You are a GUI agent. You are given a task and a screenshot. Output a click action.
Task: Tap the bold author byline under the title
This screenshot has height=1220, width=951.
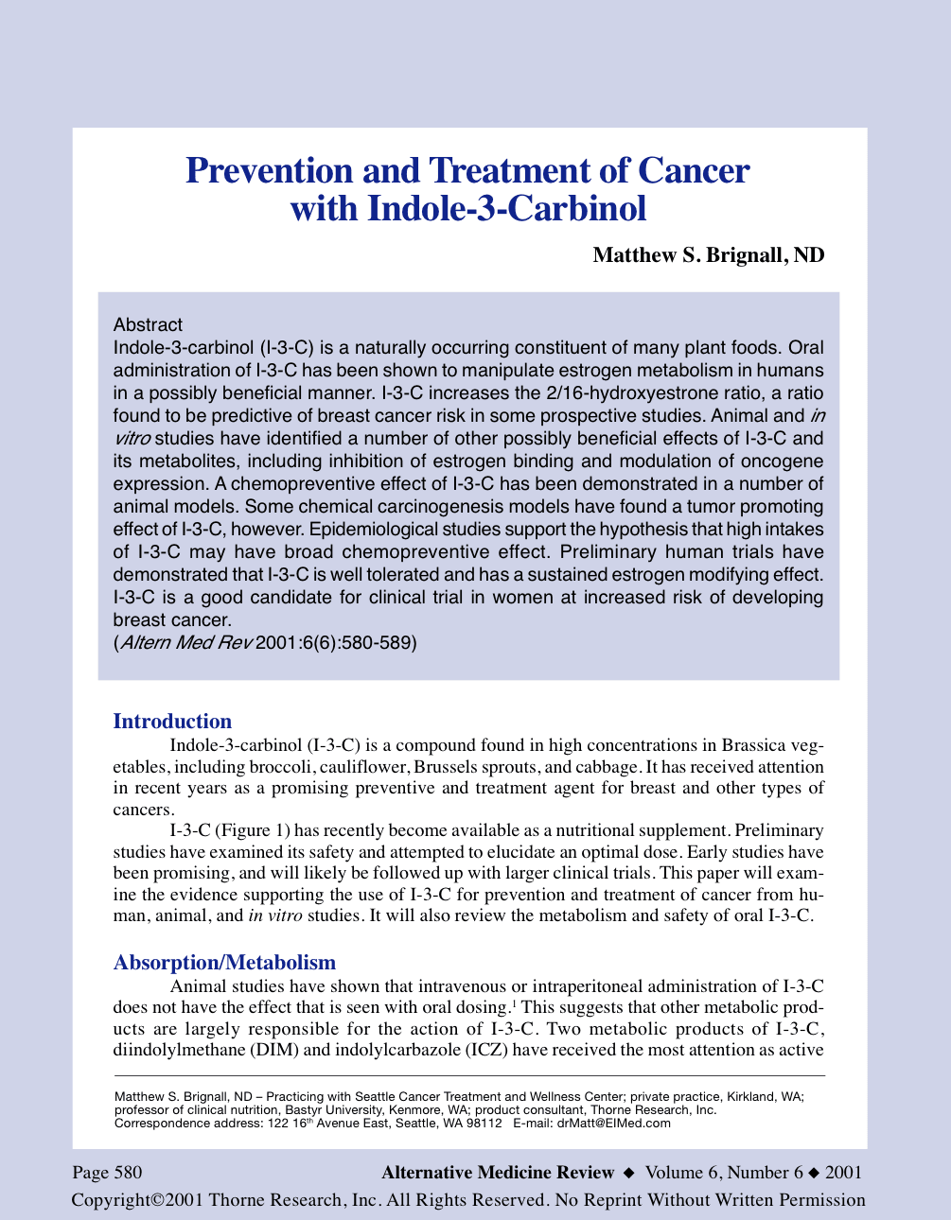[x=708, y=255]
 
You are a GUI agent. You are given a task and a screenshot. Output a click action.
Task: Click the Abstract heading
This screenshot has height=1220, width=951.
[x=148, y=325]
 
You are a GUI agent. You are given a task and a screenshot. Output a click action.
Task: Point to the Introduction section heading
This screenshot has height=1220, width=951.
[x=172, y=722]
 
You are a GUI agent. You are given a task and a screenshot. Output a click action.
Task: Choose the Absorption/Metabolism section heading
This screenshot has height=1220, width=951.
[x=224, y=963]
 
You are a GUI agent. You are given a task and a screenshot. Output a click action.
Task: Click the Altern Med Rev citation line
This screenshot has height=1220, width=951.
[x=264, y=643]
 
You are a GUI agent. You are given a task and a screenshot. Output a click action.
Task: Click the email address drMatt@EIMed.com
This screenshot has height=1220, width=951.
[x=613, y=1124]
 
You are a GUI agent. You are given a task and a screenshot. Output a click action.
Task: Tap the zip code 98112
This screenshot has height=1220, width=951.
[x=481, y=1124]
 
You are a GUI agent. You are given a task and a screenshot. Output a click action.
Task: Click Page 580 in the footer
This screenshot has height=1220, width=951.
[x=108, y=1173]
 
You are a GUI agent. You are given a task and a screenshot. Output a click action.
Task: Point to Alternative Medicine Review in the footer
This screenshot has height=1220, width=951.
[x=498, y=1173]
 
